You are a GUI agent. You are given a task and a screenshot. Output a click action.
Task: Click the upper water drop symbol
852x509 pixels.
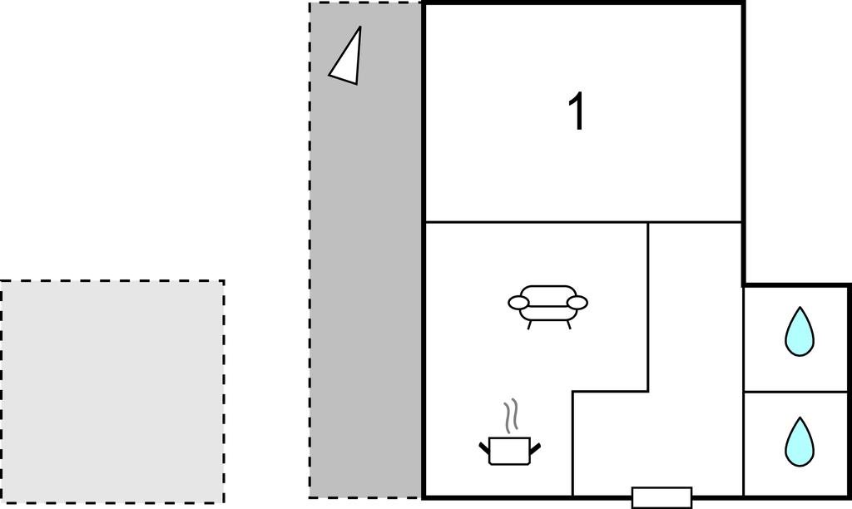click(x=800, y=332)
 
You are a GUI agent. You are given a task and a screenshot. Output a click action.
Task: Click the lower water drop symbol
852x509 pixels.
click(x=800, y=442)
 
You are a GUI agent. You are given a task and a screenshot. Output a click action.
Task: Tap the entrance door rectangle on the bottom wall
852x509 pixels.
click(x=661, y=497)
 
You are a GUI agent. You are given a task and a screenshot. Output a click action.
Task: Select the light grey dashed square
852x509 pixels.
click(x=112, y=392)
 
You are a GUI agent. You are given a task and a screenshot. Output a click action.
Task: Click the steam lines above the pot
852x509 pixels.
click(x=510, y=416)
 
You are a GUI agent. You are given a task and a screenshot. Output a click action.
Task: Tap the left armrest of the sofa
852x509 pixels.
click(x=518, y=303)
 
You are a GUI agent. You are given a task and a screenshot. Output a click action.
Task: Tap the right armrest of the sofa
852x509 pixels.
click(x=577, y=303)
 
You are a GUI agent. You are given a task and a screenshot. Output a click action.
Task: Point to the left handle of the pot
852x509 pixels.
click(x=484, y=448)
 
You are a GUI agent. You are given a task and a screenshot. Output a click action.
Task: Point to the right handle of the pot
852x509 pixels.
click(x=535, y=448)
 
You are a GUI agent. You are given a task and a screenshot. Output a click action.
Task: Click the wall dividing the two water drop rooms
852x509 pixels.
click(x=796, y=391)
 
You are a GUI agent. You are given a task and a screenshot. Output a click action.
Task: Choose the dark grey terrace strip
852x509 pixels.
click(x=366, y=250)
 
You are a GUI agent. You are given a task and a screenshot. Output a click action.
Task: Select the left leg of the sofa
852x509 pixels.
click(x=528, y=325)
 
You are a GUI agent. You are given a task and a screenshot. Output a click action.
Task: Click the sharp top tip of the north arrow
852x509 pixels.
click(x=360, y=27)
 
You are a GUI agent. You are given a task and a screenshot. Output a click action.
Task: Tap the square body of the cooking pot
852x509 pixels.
click(x=510, y=451)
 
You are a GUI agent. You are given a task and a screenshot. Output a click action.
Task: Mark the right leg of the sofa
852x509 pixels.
click(x=569, y=325)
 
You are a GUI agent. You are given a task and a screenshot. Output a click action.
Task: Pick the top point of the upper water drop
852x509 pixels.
click(x=800, y=308)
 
